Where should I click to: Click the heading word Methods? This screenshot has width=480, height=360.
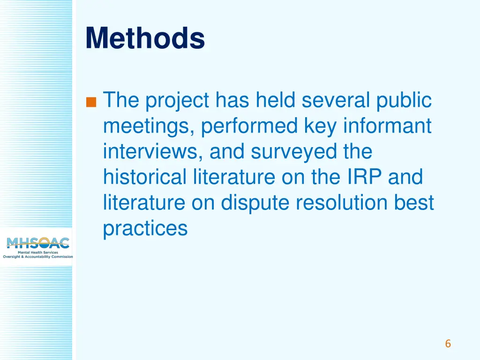click(x=145, y=38)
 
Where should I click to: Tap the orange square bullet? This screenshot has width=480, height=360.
click(x=91, y=101)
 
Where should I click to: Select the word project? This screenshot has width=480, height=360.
click(x=177, y=101)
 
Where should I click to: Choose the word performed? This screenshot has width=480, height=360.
click(x=250, y=126)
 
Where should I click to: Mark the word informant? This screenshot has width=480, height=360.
click(x=387, y=126)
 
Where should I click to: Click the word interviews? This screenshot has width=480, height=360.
click(x=153, y=152)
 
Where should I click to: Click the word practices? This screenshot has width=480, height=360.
click(x=145, y=229)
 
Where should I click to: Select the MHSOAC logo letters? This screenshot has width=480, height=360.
click(x=37, y=243)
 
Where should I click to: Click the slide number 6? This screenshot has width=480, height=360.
click(x=448, y=344)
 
